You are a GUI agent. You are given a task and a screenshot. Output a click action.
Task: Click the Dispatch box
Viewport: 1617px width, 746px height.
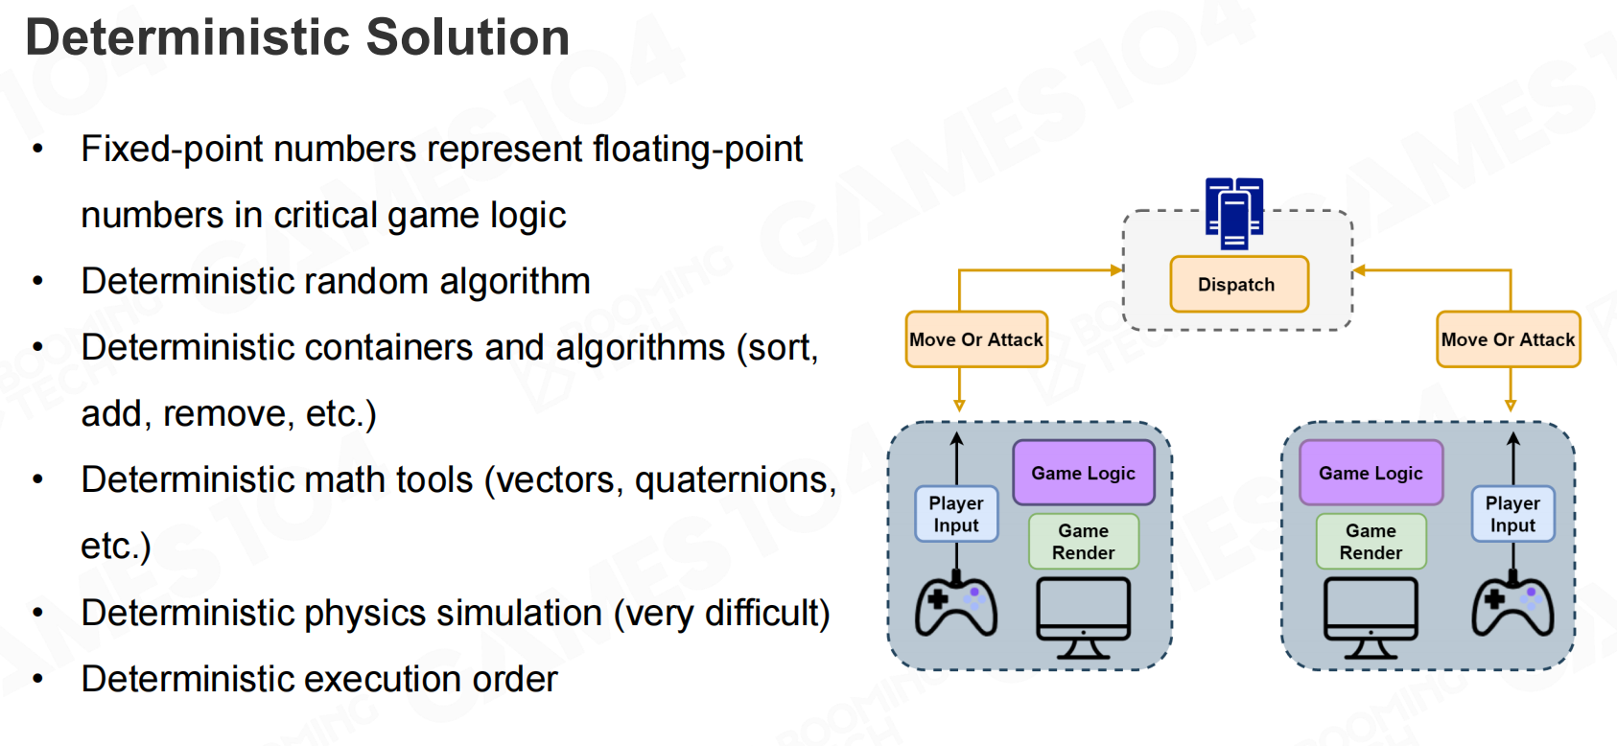[1238, 284]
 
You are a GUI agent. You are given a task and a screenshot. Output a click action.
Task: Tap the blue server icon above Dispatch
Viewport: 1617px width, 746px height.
[1234, 212]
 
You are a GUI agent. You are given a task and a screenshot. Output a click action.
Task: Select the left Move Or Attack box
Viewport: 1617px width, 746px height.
[976, 339]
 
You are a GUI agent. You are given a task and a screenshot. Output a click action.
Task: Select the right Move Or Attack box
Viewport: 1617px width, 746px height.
[1508, 339]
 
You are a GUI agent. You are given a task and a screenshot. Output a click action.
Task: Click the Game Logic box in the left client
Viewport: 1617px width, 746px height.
[1083, 473]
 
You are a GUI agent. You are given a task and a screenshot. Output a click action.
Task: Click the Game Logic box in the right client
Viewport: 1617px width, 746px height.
[1371, 473]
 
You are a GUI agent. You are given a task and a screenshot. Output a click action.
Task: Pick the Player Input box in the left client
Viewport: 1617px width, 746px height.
[956, 515]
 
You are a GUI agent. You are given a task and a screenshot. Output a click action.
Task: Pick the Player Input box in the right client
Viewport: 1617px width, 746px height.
[1512, 515]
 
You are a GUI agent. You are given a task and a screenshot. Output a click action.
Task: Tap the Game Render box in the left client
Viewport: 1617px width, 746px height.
[1083, 542]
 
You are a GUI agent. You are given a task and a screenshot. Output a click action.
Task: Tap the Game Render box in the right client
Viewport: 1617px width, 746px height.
[1371, 542]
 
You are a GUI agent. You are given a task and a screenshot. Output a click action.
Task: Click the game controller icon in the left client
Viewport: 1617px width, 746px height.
[956, 606]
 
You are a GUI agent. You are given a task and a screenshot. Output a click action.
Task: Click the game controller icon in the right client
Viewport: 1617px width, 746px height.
[1512, 606]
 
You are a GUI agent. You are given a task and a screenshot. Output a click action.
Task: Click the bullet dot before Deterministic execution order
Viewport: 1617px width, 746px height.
[38, 680]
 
